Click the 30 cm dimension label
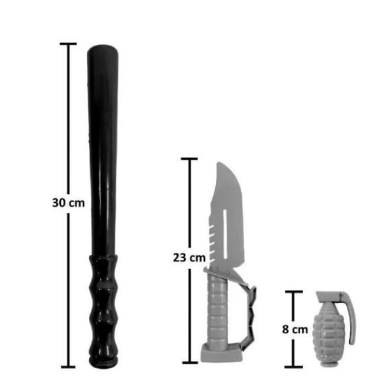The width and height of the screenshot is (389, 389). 69,203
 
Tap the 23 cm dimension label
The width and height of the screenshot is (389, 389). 189,258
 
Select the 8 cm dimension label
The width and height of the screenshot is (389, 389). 295,329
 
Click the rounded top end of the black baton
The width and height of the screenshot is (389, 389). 102,49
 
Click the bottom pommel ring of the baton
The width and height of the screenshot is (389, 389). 103,362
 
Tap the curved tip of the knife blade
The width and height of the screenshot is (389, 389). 220,164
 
